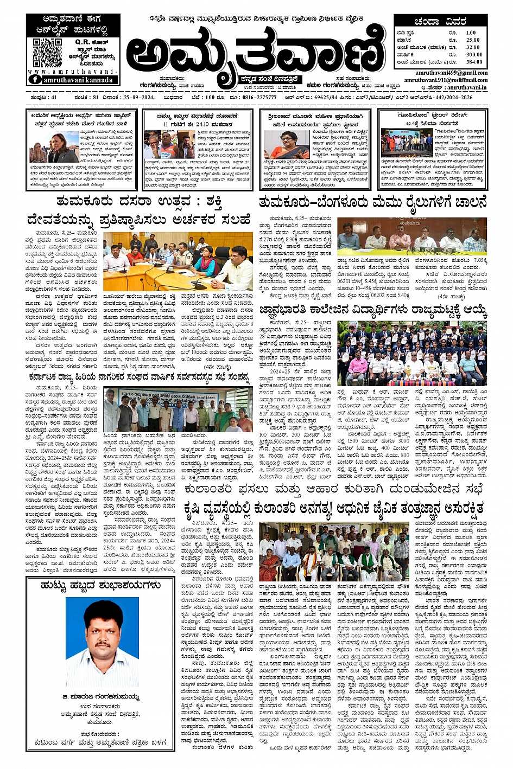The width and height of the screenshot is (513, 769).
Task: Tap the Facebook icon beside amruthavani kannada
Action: (34, 80)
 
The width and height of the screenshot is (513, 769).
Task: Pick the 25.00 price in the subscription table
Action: (473, 40)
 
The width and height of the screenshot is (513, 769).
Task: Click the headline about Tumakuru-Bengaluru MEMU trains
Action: (373, 203)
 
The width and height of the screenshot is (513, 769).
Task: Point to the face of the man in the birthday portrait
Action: (103, 629)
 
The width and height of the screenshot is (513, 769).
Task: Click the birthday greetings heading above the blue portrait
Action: (100, 585)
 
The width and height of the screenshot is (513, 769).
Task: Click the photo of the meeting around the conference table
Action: (178, 261)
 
